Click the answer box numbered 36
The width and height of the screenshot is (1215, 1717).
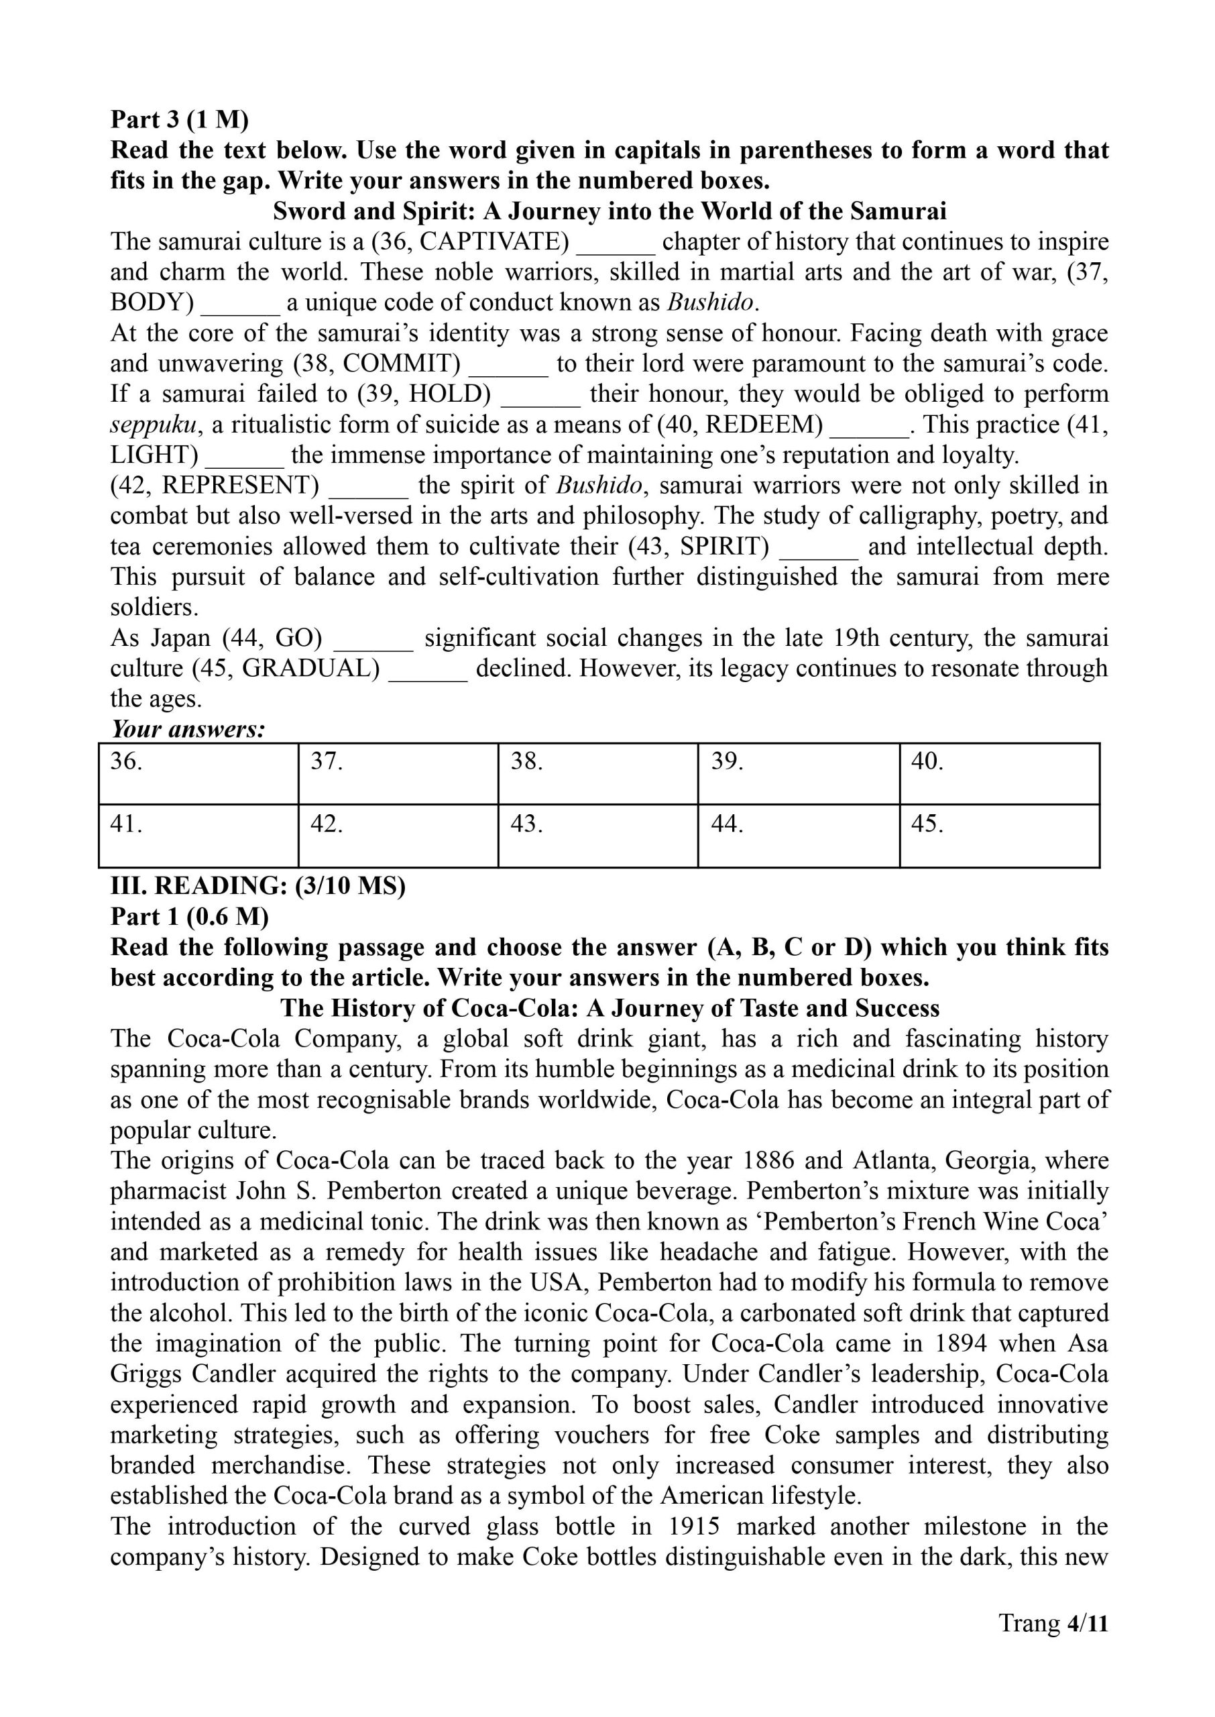(198, 773)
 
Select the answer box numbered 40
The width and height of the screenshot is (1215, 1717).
(999, 773)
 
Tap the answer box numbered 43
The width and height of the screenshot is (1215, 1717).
(597, 836)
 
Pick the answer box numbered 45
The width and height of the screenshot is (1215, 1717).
(999, 836)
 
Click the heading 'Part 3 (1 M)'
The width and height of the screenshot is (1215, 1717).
(180, 119)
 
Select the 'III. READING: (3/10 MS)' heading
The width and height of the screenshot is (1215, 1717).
(257, 886)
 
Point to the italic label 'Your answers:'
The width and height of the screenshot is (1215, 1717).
(188, 728)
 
